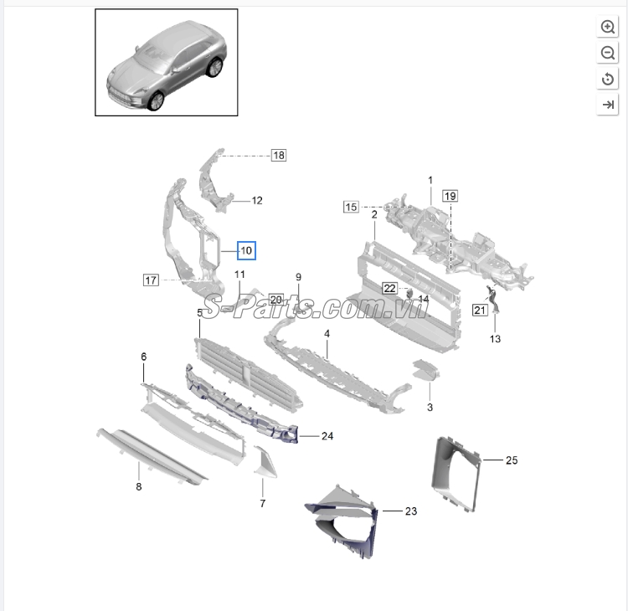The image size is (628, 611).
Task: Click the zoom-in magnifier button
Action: coord(607,27)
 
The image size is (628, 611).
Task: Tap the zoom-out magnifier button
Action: coord(607,53)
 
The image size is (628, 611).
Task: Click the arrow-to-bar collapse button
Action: coord(607,105)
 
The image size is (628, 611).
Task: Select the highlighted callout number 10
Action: coord(246,250)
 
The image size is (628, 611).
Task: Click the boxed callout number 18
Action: coord(279,155)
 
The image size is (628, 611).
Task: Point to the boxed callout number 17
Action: coord(151,280)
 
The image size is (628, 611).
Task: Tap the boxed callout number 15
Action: coord(351,207)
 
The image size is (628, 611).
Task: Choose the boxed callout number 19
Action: coord(450,196)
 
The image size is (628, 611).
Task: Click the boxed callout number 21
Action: coord(480,310)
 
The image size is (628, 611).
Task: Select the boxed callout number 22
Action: coord(389,288)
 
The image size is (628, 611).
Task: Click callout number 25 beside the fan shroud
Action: coord(512,460)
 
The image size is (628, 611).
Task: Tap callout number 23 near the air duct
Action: coord(411,511)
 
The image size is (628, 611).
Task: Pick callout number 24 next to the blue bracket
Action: coord(327,436)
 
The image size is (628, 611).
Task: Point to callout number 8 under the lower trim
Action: coord(138,486)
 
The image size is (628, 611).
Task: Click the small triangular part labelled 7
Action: coord(265,463)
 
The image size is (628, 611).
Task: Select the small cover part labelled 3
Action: coord(425,370)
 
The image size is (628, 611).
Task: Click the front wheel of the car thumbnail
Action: coord(156,100)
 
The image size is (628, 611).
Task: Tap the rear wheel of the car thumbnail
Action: coord(214,67)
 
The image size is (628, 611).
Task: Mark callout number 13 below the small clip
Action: coord(495,339)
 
